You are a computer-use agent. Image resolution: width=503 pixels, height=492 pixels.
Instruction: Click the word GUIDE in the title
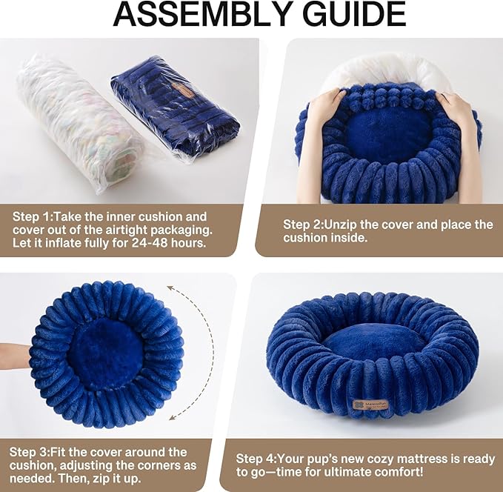[x=349, y=16]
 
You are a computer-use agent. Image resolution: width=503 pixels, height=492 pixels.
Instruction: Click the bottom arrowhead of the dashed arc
[x=173, y=417]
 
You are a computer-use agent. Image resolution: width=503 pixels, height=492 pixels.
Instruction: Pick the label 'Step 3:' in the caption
[x=30, y=451]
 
